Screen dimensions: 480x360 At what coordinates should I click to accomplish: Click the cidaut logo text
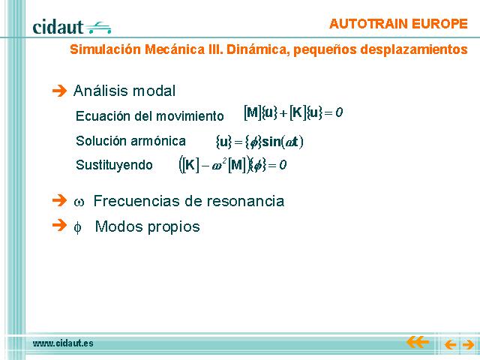(58, 27)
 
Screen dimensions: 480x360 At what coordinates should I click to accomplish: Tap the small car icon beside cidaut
(98, 28)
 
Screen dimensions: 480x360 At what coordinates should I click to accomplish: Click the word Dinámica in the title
(258, 49)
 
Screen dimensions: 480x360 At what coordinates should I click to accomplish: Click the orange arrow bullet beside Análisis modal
(59, 91)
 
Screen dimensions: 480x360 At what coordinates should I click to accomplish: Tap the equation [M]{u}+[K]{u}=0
(293, 113)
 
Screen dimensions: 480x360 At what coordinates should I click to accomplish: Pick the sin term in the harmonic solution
(271, 142)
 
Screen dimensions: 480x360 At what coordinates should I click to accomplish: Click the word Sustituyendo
(114, 165)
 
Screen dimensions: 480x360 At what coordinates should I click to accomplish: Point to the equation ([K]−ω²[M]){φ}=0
(232, 165)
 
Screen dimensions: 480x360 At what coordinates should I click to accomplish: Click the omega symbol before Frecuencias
(79, 202)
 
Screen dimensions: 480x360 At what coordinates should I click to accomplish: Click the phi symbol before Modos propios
(78, 227)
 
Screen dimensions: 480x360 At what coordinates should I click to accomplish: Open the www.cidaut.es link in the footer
(63, 343)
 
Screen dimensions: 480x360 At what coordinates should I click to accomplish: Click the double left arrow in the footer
(418, 342)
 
